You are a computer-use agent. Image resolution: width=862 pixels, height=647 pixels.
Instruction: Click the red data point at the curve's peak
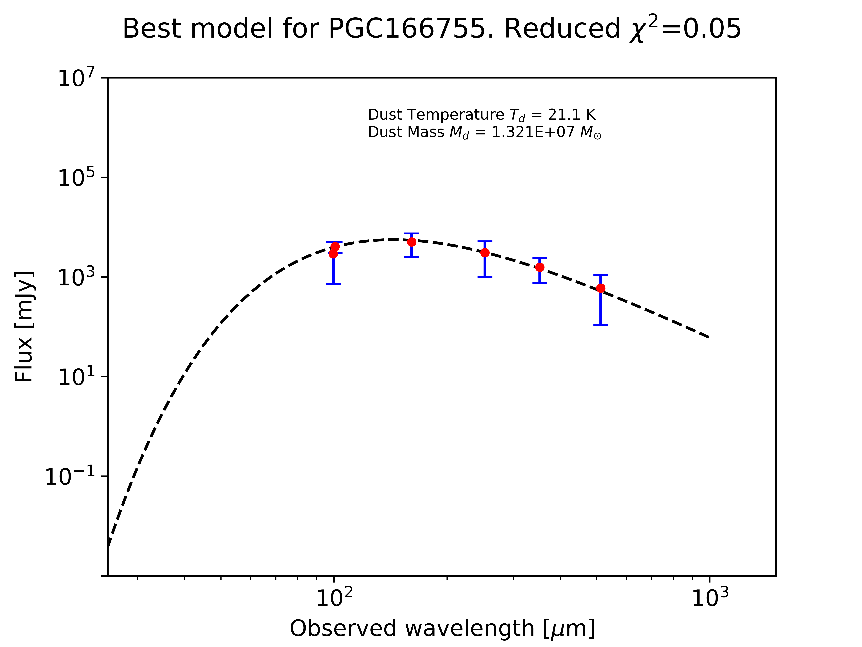[x=411, y=242]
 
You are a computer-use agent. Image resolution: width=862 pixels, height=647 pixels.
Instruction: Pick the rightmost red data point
[x=601, y=288]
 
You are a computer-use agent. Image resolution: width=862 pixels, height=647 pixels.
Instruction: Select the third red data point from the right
[x=485, y=253]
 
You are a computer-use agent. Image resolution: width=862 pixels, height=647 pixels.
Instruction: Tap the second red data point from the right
[x=540, y=267]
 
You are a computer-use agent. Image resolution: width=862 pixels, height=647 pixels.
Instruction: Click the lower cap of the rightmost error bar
[x=601, y=325]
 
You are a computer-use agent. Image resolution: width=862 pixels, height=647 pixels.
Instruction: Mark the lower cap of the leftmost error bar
[x=333, y=284]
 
